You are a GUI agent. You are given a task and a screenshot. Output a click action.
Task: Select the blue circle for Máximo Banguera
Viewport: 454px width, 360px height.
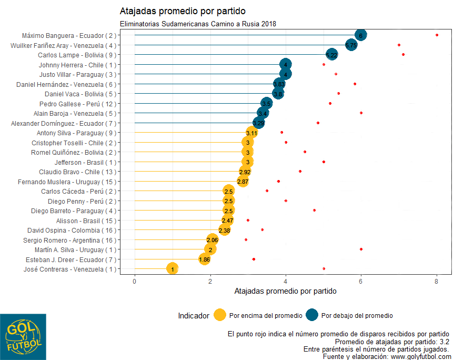pos(361,35)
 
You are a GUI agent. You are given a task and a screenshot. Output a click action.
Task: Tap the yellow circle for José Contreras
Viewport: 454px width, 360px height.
pos(172,269)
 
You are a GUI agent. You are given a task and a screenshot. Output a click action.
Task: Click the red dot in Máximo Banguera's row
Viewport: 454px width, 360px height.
pos(437,35)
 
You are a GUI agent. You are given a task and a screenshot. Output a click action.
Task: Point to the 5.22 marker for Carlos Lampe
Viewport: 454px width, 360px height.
pos(331,55)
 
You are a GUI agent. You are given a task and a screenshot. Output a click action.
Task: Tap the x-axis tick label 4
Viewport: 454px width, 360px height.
pos(286,281)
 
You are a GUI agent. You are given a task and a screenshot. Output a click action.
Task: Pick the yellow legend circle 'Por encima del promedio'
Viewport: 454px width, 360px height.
pos(220,315)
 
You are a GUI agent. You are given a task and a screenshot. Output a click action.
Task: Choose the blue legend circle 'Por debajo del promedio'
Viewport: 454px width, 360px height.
pos(311,315)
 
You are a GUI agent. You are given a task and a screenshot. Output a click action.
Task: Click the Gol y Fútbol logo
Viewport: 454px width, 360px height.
pos(23,337)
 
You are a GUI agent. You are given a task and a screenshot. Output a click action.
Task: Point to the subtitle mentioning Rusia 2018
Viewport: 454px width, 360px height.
pos(198,24)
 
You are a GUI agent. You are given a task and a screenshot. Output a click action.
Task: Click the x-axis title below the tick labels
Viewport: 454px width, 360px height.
pos(285,291)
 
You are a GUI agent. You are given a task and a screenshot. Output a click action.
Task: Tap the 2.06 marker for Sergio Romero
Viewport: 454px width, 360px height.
pos(213,240)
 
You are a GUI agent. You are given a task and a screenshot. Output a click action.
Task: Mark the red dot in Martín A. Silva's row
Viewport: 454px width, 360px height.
pos(361,249)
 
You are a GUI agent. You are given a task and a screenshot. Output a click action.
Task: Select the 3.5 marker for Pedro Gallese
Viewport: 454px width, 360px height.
pos(267,104)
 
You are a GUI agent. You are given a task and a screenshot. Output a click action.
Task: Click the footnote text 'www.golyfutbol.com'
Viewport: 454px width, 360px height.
pos(419,356)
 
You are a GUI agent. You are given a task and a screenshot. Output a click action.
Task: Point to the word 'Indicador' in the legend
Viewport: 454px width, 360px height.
pos(194,316)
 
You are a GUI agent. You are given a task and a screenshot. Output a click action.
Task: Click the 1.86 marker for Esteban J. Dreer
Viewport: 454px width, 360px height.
pos(205,259)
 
